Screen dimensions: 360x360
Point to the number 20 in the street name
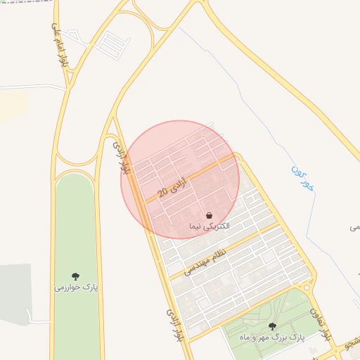click(162, 191)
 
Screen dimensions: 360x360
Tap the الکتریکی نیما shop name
click(210, 226)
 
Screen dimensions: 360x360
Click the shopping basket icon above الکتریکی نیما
click(210, 214)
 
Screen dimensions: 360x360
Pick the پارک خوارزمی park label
click(76, 287)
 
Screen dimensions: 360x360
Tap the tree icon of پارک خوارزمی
click(76, 276)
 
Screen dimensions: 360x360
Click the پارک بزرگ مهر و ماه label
click(272, 337)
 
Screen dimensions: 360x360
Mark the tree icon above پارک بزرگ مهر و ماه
click(272, 326)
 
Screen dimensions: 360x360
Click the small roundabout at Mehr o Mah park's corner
click(306, 286)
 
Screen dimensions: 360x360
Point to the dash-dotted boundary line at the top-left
click(28, 2)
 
